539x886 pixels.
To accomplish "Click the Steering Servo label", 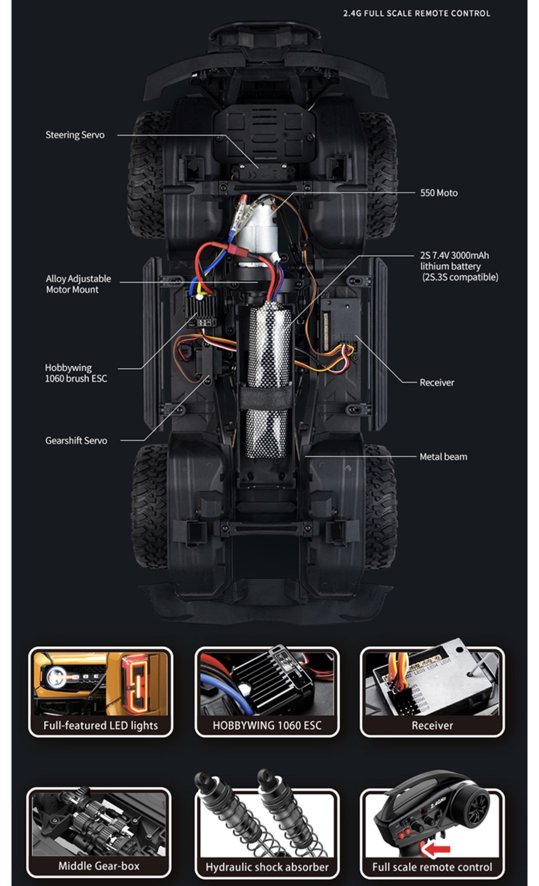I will coord(75,135).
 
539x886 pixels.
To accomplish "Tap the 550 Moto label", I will coord(439,193).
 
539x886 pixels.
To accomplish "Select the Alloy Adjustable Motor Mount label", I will coord(78,284).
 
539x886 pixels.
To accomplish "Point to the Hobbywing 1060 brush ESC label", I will coord(76,373).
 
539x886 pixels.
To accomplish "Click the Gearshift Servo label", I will coord(76,440).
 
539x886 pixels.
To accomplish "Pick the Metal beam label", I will coord(443,457).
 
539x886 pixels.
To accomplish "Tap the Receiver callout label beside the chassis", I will coord(437,382).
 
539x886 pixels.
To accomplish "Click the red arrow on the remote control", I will coord(436,849).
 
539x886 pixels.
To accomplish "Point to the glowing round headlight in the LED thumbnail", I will coord(56,677).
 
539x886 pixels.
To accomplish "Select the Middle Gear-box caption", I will coord(99,866).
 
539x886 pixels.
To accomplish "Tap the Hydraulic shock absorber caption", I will coord(267,867).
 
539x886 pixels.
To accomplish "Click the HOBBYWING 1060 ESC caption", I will coord(267,725).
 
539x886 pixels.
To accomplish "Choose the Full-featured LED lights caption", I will coord(100,725).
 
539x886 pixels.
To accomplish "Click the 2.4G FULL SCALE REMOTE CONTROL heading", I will coord(416,13).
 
